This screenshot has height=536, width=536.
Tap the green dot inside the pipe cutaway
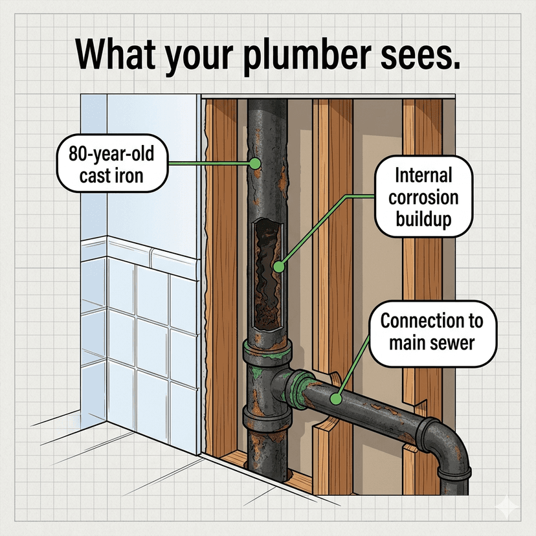[x=278, y=265]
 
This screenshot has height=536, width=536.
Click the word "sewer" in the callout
[x=452, y=342]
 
